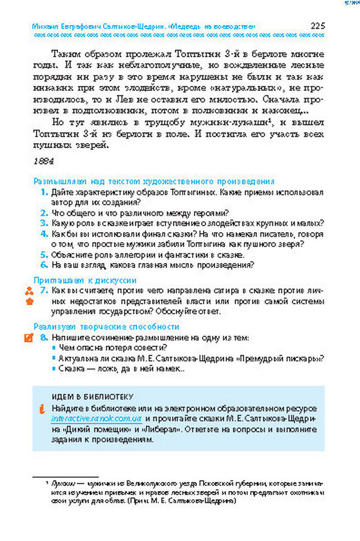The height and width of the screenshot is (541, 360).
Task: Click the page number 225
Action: pos(317,26)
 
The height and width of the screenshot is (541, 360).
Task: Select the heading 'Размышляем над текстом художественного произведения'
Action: pos(154,182)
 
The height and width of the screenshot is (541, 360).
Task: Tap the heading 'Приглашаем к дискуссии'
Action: pos(85,280)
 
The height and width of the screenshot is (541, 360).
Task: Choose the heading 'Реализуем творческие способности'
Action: pos(106,326)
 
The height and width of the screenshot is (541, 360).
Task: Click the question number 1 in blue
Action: pos(45,192)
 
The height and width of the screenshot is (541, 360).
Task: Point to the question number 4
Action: pos(45,234)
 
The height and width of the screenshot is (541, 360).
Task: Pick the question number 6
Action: pos(45,265)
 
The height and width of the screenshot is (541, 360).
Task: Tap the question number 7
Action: pos(45,291)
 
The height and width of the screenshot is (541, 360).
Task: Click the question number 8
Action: pos(45,338)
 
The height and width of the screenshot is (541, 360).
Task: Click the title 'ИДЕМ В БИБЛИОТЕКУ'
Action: pos(93,396)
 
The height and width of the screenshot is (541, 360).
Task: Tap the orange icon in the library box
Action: pos(42,409)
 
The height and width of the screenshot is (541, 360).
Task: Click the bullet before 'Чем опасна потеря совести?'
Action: pos(53,348)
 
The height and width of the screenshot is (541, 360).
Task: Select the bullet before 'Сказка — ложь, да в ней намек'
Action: pos(53,370)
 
